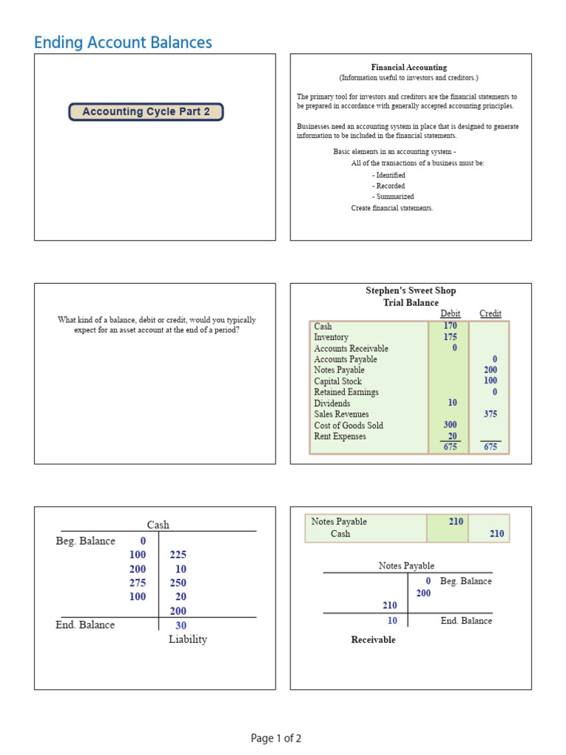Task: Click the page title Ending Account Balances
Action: pos(123,43)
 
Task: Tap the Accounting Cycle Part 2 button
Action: pos(146,112)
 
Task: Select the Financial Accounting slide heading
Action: pos(409,67)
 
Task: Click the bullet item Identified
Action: pos(390,175)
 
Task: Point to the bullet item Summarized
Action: pos(394,197)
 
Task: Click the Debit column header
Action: pos(450,313)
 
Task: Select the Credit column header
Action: pos(490,313)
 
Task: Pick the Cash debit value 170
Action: pos(450,326)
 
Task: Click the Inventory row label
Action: pos(331,337)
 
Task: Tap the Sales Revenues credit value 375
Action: pos(490,414)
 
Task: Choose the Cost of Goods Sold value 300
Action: pos(450,425)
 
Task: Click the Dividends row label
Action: pos(332,403)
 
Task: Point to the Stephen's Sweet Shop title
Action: pos(410,290)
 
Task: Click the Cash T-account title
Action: pos(158,525)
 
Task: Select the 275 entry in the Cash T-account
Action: pos(138,582)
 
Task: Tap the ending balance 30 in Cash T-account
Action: pos(181,625)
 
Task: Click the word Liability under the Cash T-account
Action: pos(188,639)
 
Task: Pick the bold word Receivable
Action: pos(373,640)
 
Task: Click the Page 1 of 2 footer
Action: pos(276,738)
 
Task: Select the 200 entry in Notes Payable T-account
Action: pos(424,593)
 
